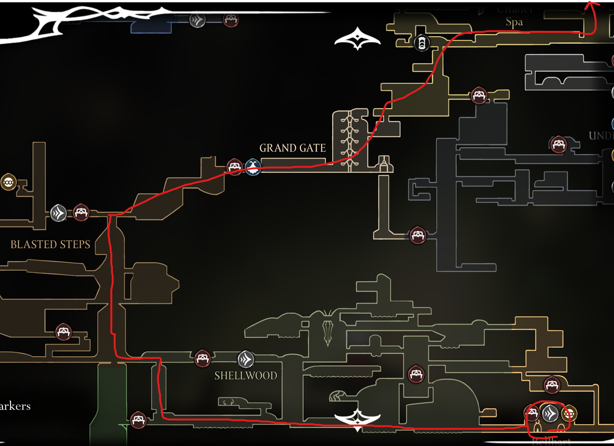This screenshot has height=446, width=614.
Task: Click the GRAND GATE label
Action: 293,148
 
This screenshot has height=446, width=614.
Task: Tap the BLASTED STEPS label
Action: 50,244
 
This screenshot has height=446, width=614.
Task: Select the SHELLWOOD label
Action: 246,376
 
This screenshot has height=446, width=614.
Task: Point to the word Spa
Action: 514,22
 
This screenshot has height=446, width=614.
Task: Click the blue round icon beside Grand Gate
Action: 253,167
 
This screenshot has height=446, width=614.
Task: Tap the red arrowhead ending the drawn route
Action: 591,5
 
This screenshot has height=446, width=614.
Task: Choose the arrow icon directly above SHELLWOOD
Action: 246,359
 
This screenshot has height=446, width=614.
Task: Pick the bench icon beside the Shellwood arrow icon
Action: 202,358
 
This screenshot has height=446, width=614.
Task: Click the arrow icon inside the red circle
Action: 550,414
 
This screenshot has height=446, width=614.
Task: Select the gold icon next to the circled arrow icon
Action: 569,414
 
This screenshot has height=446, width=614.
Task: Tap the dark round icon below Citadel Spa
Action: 422,43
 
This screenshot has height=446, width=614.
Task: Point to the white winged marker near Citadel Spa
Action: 358,38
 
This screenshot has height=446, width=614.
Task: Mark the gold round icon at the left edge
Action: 8,183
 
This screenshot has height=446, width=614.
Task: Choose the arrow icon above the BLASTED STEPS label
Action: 59,213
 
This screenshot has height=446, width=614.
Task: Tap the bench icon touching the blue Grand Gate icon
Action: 234,167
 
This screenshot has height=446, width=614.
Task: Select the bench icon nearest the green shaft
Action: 138,420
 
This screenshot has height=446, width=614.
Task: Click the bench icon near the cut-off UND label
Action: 558,145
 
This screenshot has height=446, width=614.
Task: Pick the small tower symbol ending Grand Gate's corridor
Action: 384,164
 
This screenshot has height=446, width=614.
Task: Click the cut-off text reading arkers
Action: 15,406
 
